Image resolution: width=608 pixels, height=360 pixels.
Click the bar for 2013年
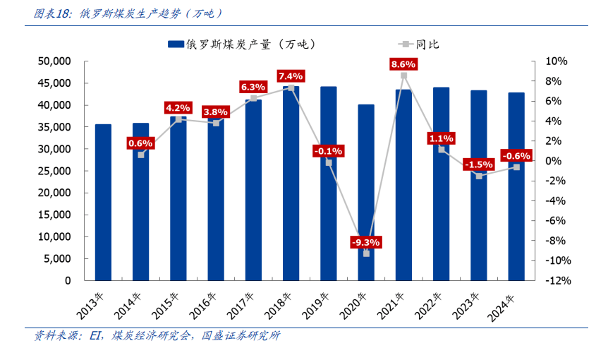(x=103, y=202)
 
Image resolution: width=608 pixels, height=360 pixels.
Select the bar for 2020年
(x=366, y=192)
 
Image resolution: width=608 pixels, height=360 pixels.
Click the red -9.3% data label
(x=365, y=242)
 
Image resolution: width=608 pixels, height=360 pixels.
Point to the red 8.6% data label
(x=403, y=64)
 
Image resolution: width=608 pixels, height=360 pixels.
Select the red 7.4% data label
(x=291, y=76)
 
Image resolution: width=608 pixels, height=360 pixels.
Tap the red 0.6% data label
(x=141, y=143)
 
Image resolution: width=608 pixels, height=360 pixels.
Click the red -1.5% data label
(x=478, y=164)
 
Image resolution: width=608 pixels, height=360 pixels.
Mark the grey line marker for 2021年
(x=403, y=76)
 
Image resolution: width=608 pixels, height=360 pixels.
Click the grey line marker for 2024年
(x=516, y=167)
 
